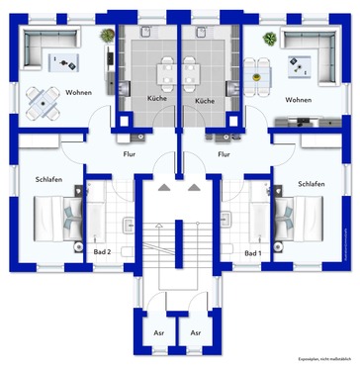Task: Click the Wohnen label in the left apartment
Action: (79, 92)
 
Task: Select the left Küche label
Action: (157, 101)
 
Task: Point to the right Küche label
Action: (205, 101)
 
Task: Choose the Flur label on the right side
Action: (225, 154)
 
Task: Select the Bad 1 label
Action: (253, 253)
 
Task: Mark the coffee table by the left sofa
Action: (66, 62)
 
